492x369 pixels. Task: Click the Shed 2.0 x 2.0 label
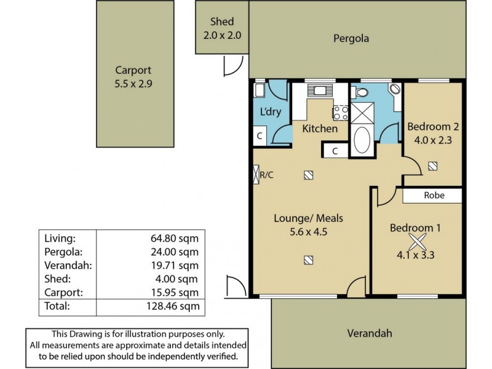point(222,28)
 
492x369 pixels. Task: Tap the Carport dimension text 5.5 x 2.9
point(133,84)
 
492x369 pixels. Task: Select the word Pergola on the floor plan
point(351,39)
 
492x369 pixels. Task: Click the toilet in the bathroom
point(360,92)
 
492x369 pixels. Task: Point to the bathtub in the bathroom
point(362,140)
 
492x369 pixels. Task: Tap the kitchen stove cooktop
point(341,113)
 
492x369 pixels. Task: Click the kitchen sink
point(320,90)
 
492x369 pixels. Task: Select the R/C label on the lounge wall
point(267,175)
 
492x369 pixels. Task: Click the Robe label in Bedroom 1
point(434,195)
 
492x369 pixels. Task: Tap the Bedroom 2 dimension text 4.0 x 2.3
point(433,140)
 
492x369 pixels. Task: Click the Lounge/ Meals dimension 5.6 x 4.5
point(309,232)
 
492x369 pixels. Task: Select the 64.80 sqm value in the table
point(175,239)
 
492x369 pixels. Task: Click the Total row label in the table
point(57,306)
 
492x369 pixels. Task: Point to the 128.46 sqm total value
point(173,306)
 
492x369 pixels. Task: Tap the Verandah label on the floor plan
point(370,333)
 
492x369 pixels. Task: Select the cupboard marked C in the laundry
point(260,136)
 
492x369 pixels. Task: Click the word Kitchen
point(320,129)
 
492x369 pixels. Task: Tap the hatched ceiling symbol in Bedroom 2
point(433,166)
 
